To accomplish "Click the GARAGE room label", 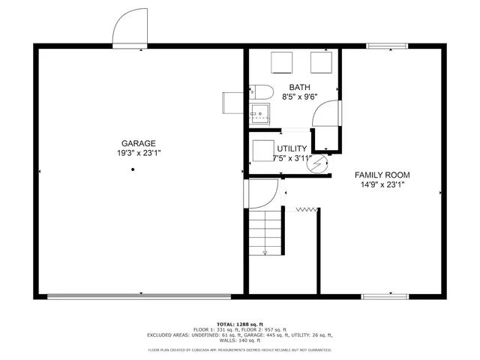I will [139, 143].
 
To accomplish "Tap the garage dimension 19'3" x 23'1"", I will [139, 153].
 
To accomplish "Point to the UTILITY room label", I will [291, 148].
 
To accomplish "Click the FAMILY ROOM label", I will [382, 175].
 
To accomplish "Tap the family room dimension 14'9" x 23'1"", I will [382, 184].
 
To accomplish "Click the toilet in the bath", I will [259, 91].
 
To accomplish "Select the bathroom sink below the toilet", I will [259, 115].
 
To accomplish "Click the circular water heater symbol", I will [319, 162].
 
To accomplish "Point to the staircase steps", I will [265, 232].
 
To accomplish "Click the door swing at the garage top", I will [127, 31].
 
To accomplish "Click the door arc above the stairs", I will [262, 193].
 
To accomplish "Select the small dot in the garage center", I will [133, 169].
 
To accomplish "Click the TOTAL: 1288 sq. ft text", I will [240, 323].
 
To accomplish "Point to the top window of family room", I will [388, 46].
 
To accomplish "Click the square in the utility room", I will [263, 150].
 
